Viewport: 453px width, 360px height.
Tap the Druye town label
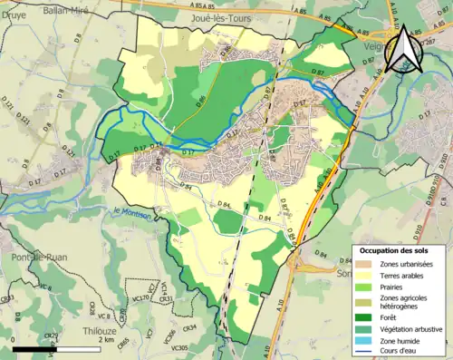14,14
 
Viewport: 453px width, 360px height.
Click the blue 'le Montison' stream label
132,211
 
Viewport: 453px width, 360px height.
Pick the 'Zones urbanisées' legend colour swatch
367,264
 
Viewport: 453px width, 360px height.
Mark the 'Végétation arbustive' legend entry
413,328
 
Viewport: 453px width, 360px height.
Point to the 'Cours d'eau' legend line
367,353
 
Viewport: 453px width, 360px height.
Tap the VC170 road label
140,297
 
